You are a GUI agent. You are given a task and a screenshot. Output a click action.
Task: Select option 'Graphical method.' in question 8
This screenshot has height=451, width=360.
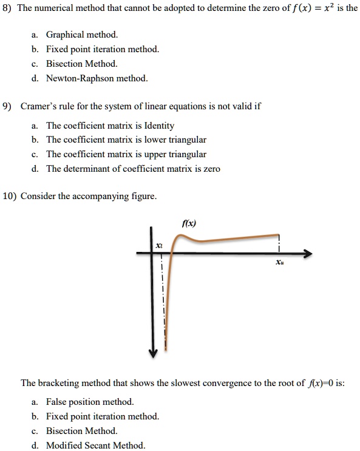click(78, 35)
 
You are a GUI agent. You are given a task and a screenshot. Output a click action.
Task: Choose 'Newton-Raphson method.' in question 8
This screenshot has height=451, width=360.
click(97, 78)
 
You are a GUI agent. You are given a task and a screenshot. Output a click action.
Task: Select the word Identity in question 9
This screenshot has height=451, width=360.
click(159, 126)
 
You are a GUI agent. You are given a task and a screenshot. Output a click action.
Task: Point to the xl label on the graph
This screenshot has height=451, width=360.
click(159, 245)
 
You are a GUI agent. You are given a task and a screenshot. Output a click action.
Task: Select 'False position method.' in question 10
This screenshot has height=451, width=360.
click(90, 402)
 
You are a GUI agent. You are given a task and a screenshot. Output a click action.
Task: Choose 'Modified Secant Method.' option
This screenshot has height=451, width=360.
click(96, 446)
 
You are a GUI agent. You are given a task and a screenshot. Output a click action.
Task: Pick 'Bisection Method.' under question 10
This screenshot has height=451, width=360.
click(82, 431)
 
